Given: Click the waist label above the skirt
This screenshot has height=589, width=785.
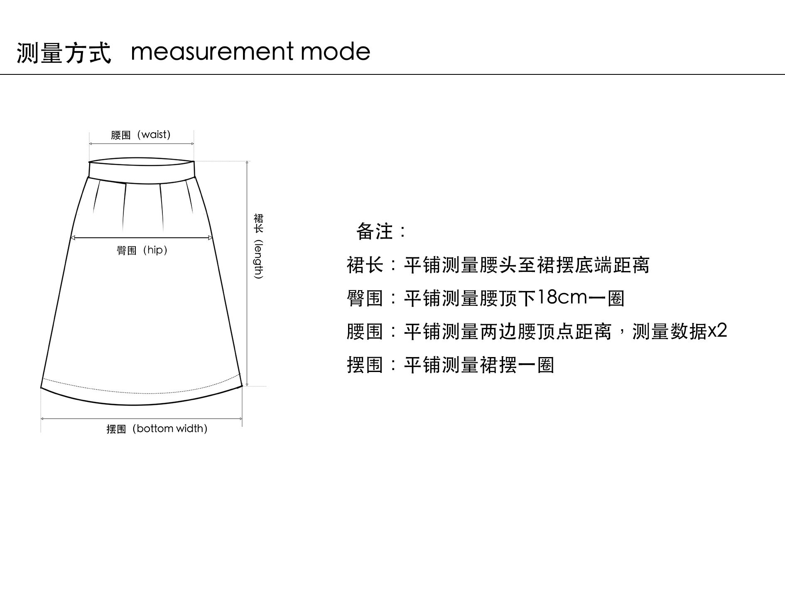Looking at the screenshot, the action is (141, 135).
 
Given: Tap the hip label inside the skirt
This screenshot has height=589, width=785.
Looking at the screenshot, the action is (142, 250).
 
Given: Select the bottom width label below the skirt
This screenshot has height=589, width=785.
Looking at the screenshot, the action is (157, 429).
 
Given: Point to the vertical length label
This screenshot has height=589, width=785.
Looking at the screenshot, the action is (258, 246).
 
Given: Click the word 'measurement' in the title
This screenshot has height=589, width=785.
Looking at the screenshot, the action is (212, 52).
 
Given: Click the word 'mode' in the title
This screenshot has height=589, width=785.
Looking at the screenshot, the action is (335, 52).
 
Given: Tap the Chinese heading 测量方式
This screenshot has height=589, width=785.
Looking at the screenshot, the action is (64, 53).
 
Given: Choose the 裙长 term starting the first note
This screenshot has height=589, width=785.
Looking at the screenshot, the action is (364, 265).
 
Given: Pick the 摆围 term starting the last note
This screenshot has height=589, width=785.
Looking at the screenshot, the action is (364, 365).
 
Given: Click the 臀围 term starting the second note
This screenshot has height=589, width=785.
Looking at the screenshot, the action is (364, 298).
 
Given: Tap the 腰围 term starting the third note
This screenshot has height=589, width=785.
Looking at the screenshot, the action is (364, 332).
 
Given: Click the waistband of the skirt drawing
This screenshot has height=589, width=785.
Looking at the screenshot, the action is (142, 170).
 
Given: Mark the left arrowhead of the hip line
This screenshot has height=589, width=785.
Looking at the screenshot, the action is (72, 238).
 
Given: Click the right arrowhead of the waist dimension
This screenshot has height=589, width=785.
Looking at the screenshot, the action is (192, 144).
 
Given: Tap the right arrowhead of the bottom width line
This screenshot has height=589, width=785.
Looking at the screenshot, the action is (240, 419).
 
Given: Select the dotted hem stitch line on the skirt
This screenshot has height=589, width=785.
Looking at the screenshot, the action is (141, 392).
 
